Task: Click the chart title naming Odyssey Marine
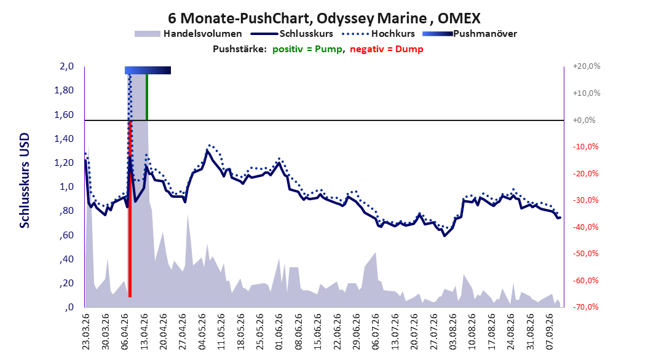click(324, 18)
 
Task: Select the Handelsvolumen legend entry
click(189, 34)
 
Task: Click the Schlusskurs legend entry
click(292, 34)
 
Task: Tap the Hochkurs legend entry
click(377, 34)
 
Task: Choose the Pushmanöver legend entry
click(470, 34)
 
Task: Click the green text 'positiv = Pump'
click(307, 49)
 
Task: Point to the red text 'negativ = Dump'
click(387, 49)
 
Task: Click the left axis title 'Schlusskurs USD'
click(25, 181)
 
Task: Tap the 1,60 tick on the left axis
click(64, 114)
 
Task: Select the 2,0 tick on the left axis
click(66, 66)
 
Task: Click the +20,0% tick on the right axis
click(587, 66)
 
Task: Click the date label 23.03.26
click(85, 332)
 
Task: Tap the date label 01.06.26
click(279, 332)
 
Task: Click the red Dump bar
click(130, 208)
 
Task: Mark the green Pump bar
click(147, 97)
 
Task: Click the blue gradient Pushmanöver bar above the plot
click(148, 70)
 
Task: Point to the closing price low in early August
click(445, 235)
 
